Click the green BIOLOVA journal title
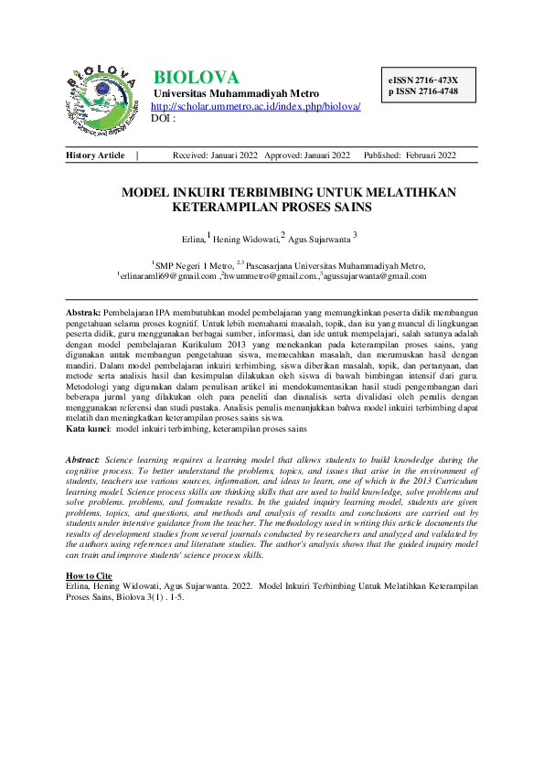tap(196, 78)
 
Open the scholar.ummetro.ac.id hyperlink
tap(255, 106)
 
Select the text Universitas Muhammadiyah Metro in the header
tap(237, 93)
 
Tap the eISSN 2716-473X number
tap(422, 80)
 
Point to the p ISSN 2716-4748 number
tap(422, 92)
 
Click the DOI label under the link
tap(162, 118)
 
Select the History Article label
tap(95, 155)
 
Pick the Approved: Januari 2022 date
tap(307, 155)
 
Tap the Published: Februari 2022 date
tap(410, 155)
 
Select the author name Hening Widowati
tap(245, 239)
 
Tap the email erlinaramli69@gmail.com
tap(167, 275)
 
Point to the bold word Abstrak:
tap(85, 313)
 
